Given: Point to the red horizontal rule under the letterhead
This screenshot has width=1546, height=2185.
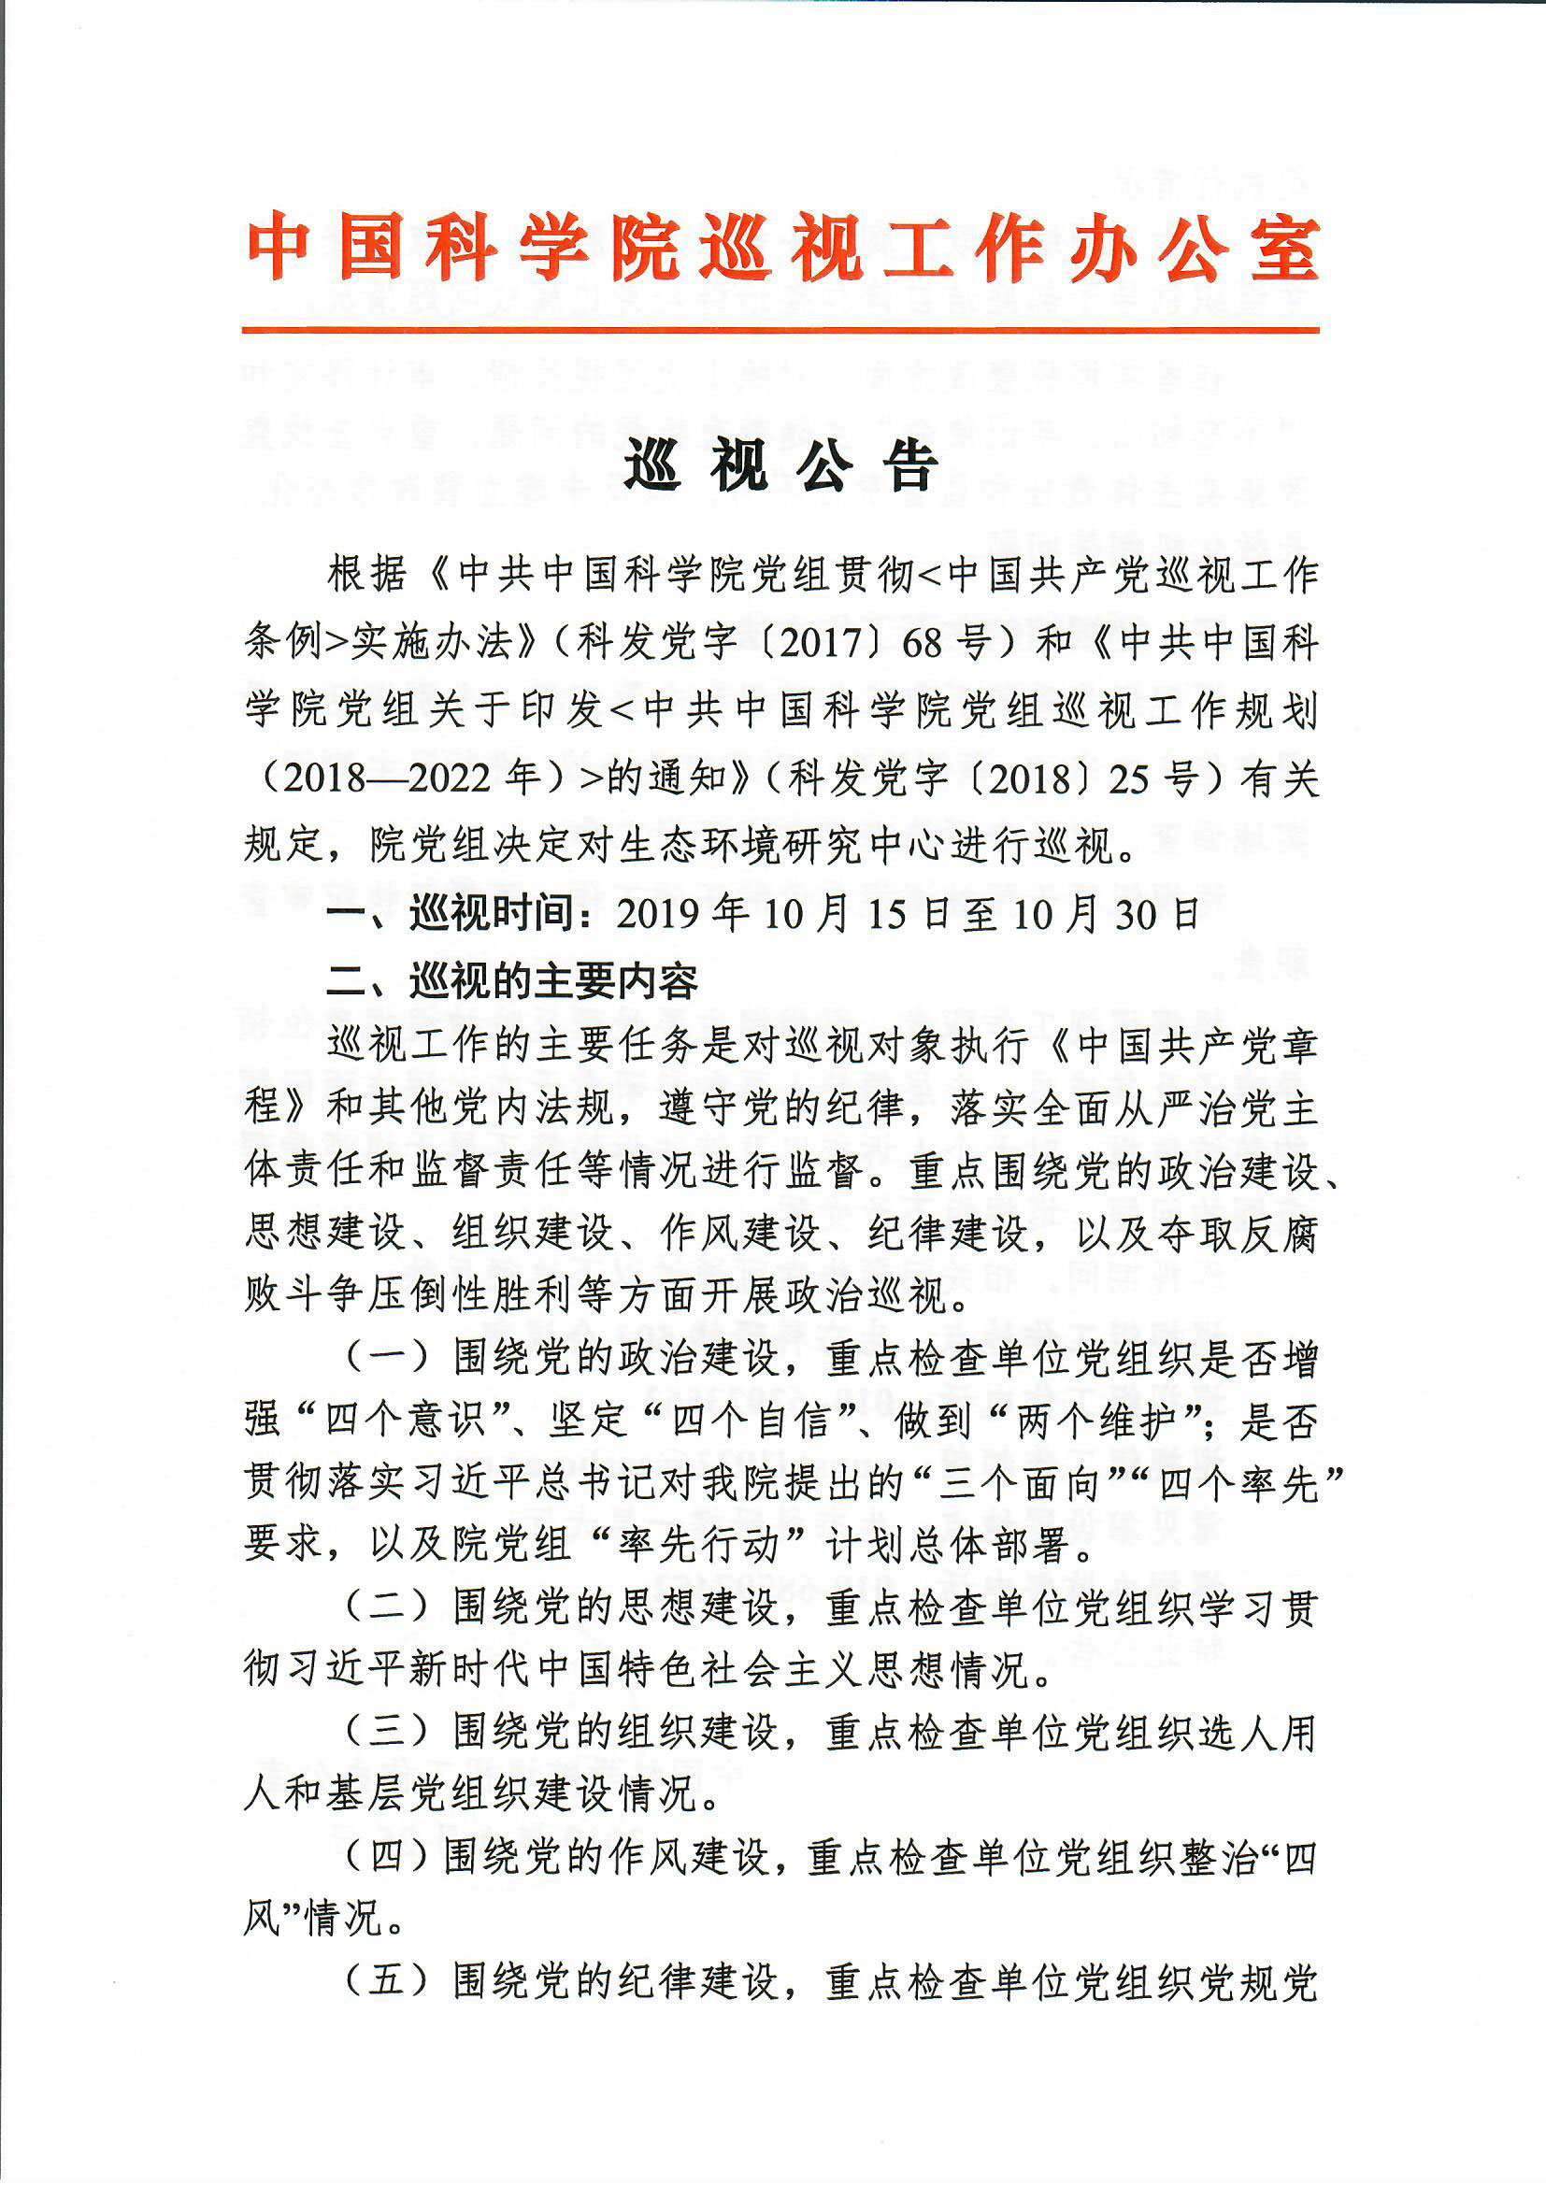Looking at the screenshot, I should coord(780,330).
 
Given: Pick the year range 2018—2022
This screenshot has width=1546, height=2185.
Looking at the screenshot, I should coord(390,779).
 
